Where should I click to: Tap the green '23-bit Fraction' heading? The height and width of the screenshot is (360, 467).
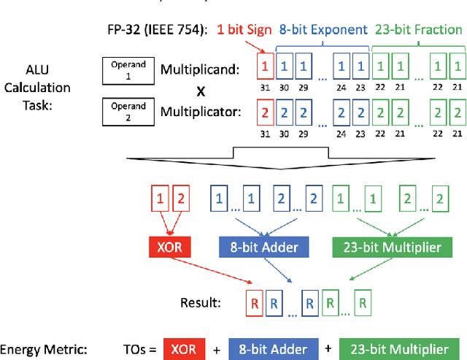[x=418, y=30]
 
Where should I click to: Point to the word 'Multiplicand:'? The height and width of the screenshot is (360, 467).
[x=199, y=70]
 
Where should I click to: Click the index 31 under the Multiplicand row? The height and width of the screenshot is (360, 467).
[x=266, y=86]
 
